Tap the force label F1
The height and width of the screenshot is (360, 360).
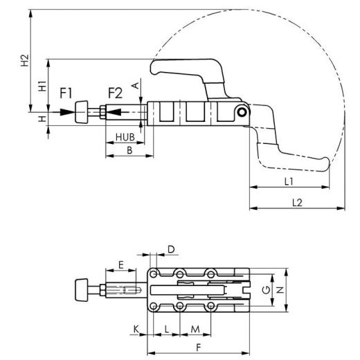pyautogui.click(x=67, y=92)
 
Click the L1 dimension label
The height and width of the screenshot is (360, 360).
pyautogui.click(x=289, y=181)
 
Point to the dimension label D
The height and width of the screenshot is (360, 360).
pyautogui.click(x=171, y=249)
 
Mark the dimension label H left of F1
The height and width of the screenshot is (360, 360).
pyautogui.click(x=41, y=120)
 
